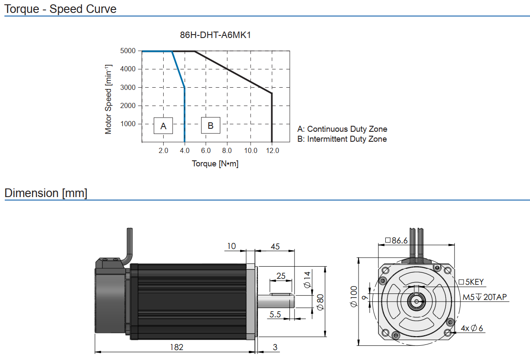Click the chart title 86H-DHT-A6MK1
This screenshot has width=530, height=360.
click(x=215, y=35)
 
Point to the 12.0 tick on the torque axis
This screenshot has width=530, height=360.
click(x=272, y=151)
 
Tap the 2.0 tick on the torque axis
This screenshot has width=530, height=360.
click(x=163, y=151)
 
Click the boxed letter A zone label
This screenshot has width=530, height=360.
click(x=163, y=126)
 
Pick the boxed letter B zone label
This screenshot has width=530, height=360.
click(x=210, y=126)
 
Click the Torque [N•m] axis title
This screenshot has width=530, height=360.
click(x=215, y=164)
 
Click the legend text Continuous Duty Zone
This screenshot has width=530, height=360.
click(x=342, y=129)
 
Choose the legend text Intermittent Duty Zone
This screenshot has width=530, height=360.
click(x=342, y=139)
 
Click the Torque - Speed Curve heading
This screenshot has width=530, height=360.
click(x=60, y=9)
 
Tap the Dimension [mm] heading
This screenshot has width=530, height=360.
click(x=46, y=193)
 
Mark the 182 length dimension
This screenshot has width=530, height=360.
click(x=176, y=347)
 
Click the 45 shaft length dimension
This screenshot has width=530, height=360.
click(x=275, y=247)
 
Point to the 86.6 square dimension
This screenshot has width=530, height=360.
click(x=396, y=240)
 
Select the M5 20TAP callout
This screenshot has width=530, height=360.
click(x=485, y=297)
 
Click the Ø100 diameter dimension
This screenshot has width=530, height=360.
click(x=354, y=296)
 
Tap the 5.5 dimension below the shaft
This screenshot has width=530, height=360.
click(x=275, y=315)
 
